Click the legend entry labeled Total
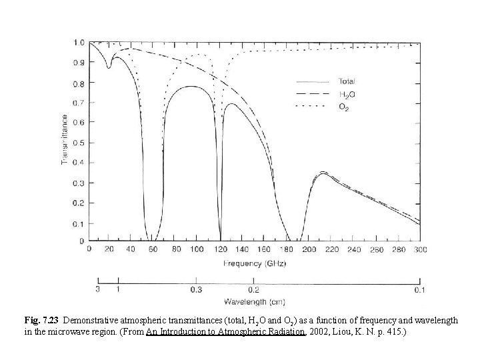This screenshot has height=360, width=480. (x=347, y=82)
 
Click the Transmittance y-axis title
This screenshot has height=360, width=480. (x=64, y=140)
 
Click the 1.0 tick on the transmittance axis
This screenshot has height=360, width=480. (x=79, y=43)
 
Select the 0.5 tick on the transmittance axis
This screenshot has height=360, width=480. (x=79, y=141)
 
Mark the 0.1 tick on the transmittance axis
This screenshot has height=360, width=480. (x=79, y=221)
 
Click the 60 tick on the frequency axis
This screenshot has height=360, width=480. (x=153, y=249)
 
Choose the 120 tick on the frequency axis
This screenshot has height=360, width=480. (x=220, y=249)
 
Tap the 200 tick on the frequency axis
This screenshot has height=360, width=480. (x=309, y=249)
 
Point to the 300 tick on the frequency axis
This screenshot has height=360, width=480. (x=419, y=249)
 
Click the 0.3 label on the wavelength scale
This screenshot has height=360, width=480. (x=195, y=290)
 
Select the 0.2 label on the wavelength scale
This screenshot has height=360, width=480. (x=254, y=290)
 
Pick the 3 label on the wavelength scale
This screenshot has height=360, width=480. (x=98, y=290)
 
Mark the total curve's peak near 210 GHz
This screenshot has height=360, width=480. (x=323, y=173)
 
